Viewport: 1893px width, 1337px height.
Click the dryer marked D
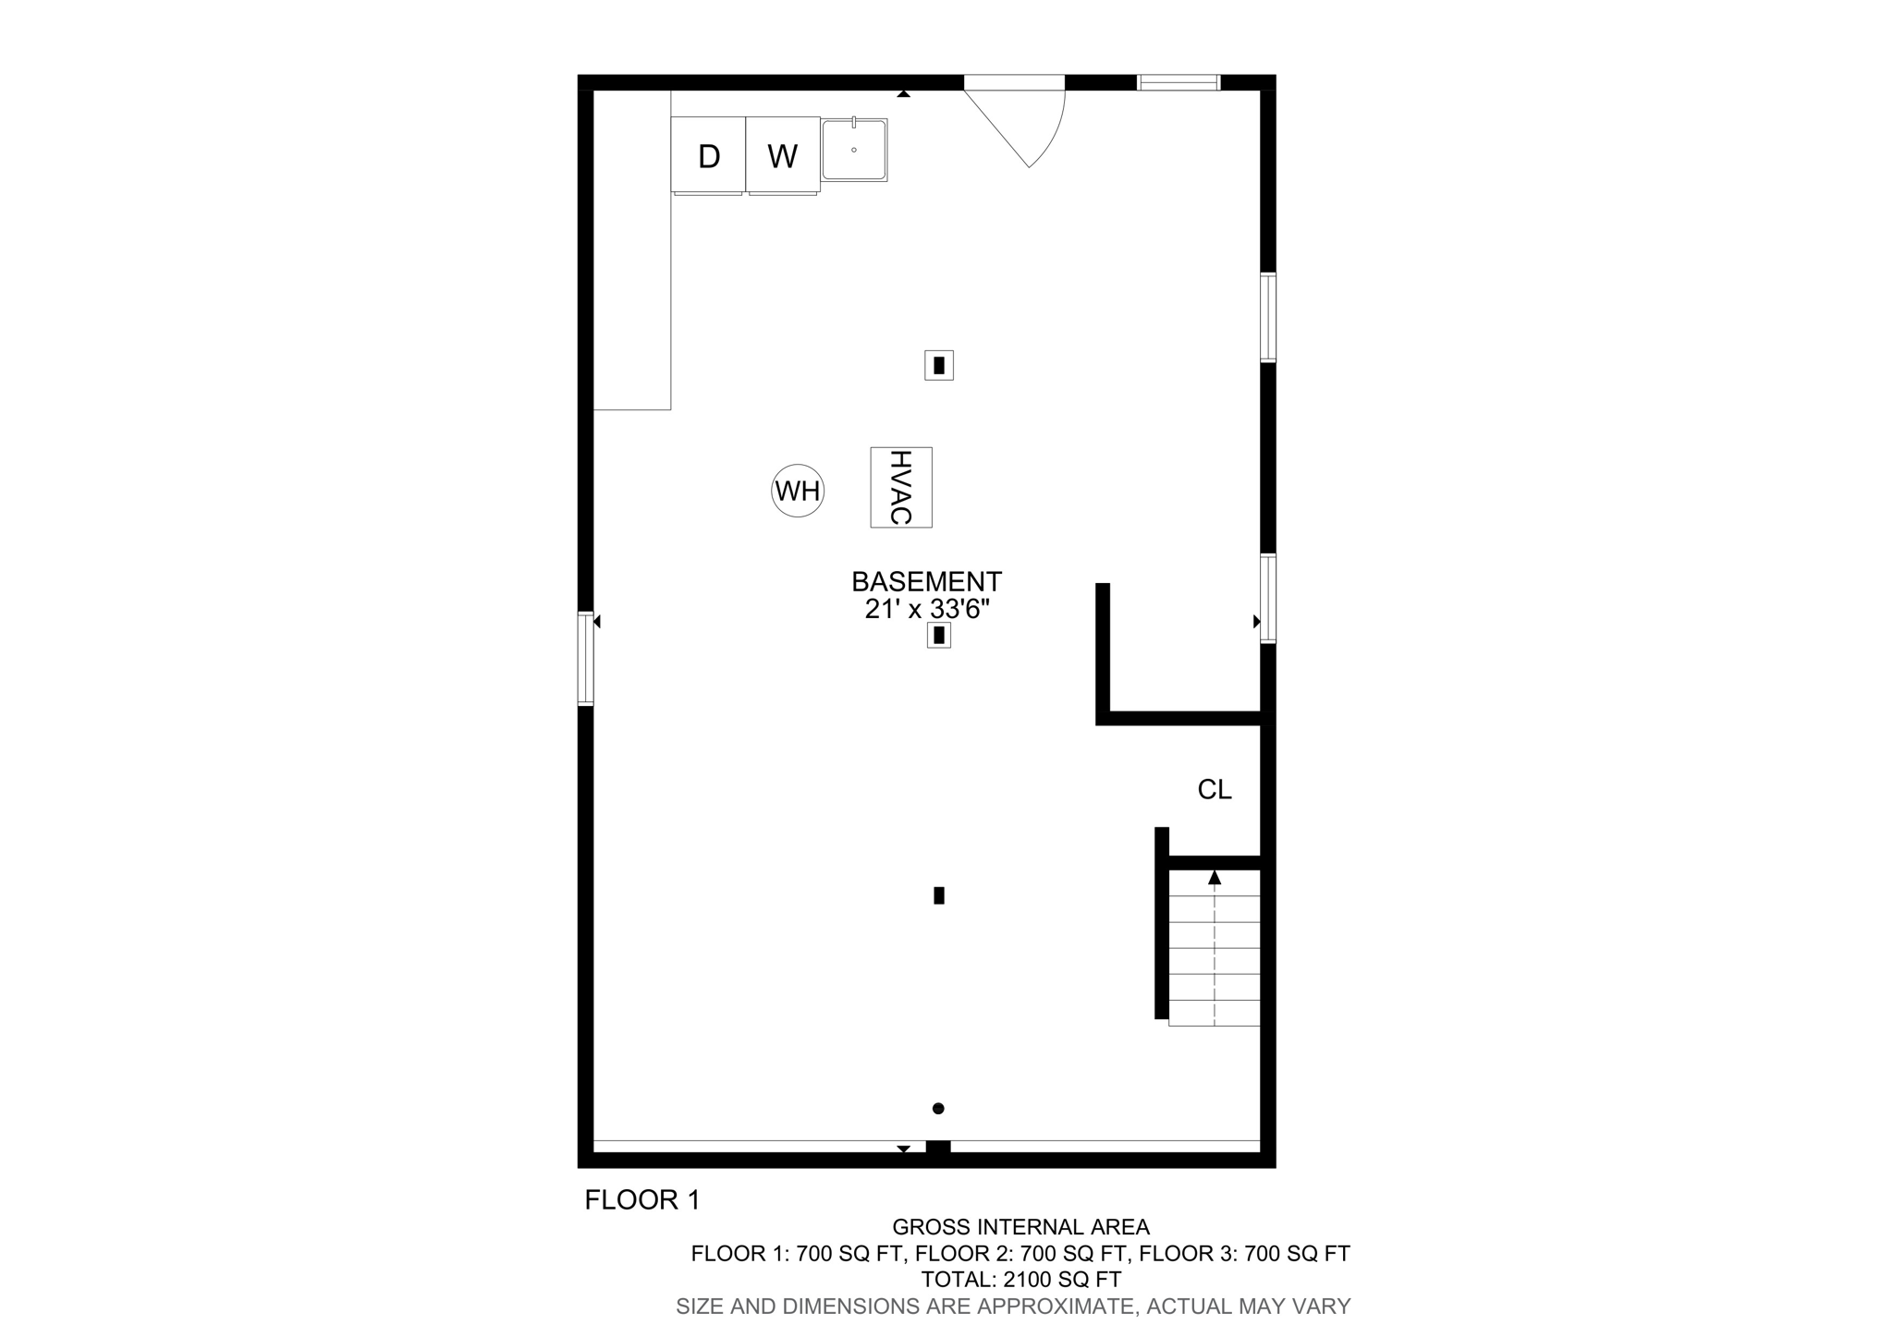tap(708, 155)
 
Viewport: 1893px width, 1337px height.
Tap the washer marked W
tap(783, 155)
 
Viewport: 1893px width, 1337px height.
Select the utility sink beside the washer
tap(854, 150)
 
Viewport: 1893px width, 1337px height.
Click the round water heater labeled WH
tap(798, 491)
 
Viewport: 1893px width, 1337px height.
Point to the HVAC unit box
tap(901, 487)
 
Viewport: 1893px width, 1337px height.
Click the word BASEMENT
tap(926, 582)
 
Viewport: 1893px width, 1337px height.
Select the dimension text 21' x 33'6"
tap(927, 610)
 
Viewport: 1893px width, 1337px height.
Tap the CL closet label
tap(1215, 790)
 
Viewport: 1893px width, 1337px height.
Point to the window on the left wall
tap(585, 658)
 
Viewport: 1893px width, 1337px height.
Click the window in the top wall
tap(1179, 83)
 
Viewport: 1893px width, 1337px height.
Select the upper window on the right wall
tap(1268, 317)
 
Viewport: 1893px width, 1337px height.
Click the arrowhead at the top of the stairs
tap(1215, 878)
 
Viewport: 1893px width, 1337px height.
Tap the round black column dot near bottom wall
tap(938, 1109)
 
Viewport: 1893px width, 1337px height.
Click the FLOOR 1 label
tap(642, 1200)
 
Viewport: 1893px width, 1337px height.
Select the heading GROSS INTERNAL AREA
tap(1020, 1227)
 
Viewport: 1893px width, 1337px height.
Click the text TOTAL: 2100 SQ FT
tap(1020, 1280)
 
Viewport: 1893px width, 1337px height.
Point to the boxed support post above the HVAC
tap(939, 365)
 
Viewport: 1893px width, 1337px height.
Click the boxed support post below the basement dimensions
tap(939, 635)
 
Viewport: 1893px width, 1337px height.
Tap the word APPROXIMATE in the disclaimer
tap(1054, 1307)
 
